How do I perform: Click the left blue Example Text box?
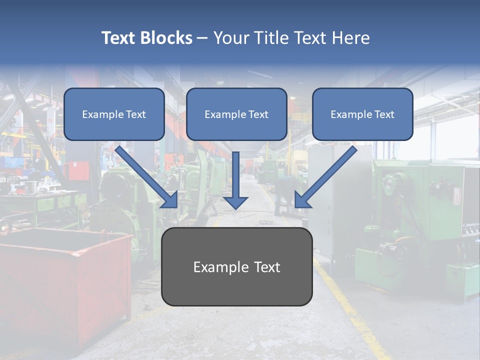114,114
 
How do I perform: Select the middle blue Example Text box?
236,114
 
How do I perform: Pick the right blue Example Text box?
362,114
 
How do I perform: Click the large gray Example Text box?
236,267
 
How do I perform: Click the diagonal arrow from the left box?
145,175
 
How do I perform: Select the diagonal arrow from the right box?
327,175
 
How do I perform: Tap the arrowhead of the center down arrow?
235,202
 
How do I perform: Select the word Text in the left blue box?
135,114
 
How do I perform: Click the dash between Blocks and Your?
202,38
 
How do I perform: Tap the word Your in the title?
230,38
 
